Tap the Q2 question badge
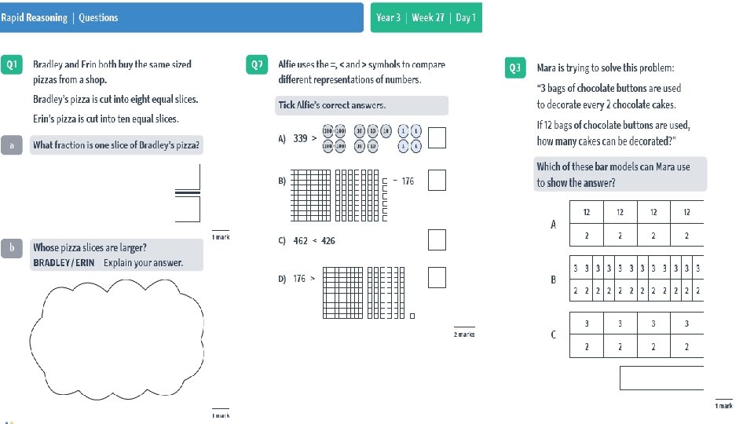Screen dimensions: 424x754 pyautogui.click(x=257, y=65)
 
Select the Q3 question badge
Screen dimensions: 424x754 pyautogui.click(x=514, y=68)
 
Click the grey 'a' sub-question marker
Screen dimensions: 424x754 pyautogui.click(x=11, y=145)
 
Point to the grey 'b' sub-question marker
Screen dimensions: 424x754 pyautogui.click(x=11, y=247)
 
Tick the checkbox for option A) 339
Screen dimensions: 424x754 pyautogui.click(x=437, y=138)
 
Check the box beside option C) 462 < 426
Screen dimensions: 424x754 pyautogui.click(x=437, y=239)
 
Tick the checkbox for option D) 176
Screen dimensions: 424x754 pyautogui.click(x=437, y=277)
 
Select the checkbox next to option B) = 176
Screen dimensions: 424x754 pyautogui.click(x=437, y=181)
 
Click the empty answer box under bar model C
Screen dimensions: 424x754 pyautogui.click(x=661, y=378)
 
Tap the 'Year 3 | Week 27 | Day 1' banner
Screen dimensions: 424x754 pyautogui.click(x=426, y=17)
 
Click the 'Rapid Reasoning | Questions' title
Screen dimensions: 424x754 pyautogui.click(x=59, y=17)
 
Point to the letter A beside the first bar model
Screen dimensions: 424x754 pyautogui.click(x=553, y=225)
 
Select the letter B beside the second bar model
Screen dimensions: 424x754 pyautogui.click(x=553, y=279)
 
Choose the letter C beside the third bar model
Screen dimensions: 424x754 pyautogui.click(x=553, y=334)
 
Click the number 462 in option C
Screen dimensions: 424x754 pyautogui.click(x=301, y=241)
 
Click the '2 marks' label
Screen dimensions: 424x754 pyautogui.click(x=464, y=334)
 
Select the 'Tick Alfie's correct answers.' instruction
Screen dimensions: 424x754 pyautogui.click(x=332, y=105)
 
